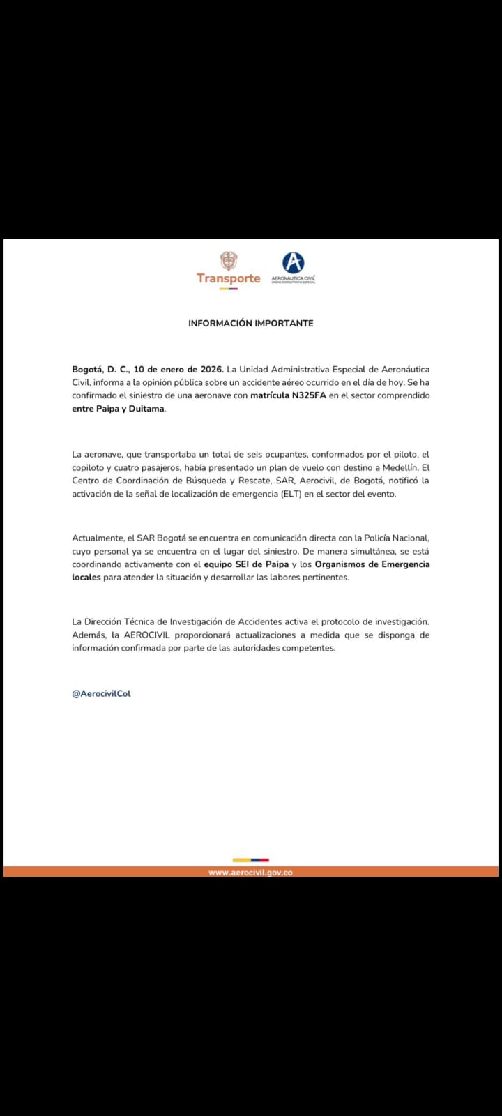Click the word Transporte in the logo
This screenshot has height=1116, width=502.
click(228, 278)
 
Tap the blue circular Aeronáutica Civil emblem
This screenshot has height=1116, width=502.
click(293, 263)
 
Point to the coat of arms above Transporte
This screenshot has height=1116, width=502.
click(228, 261)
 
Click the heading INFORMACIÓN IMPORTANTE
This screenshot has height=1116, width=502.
click(251, 324)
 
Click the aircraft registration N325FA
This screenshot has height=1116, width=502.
click(309, 395)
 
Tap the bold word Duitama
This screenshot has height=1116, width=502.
click(146, 409)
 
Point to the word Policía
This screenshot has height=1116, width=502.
click(371, 538)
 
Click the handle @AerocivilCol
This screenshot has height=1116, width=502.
click(101, 693)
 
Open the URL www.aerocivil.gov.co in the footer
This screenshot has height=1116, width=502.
click(250, 873)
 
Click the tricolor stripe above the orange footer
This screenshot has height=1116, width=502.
click(250, 860)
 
